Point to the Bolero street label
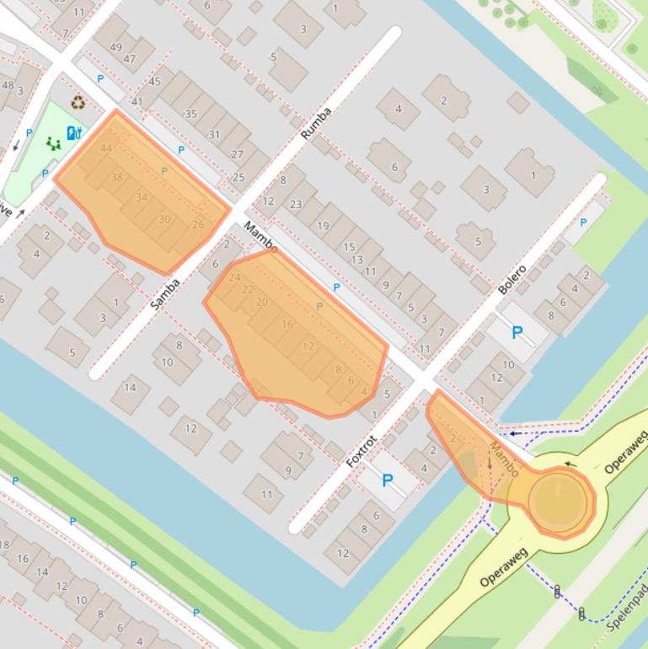click(511, 280)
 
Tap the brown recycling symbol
click(78, 103)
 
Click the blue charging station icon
click(74, 132)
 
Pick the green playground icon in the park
click(53, 143)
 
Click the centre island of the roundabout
click(558, 501)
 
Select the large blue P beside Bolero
click(517, 333)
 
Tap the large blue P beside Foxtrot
click(388, 480)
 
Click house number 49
click(115, 47)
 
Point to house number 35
click(190, 114)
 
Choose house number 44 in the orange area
click(105, 148)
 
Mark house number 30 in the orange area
click(164, 219)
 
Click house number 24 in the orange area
click(234, 277)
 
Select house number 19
click(323, 225)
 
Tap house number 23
click(296, 204)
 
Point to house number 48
click(8, 84)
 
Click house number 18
click(3, 544)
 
